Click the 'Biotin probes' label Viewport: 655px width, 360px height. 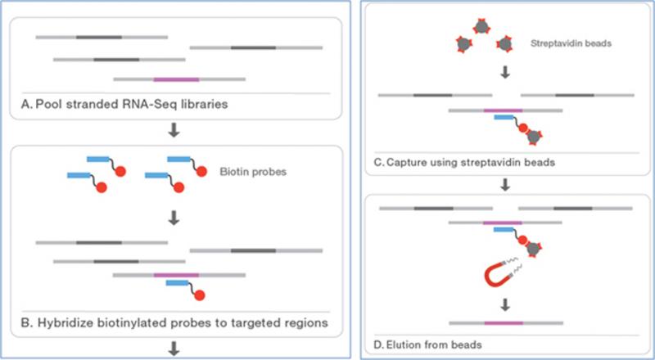tap(253, 172)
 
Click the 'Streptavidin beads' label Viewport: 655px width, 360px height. tap(571, 43)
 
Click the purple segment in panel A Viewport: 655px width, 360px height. tap(176, 79)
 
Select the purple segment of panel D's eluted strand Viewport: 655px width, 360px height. tap(504, 323)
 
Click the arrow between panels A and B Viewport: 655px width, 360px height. tap(174, 130)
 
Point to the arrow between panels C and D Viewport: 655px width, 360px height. tap(505, 185)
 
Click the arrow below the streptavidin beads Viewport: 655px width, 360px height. tap(505, 73)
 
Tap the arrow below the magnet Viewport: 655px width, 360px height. tap(505, 305)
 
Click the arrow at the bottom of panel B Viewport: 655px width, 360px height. tap(174, 349)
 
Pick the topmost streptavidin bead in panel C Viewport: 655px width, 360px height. tap(481, 27)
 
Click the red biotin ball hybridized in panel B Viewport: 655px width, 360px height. tap(199, 295)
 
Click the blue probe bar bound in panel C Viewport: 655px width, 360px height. tap(504, 117)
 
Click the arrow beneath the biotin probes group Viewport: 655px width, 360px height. tap(174, 218)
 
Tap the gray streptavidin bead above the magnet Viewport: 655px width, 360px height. tap(534, 249)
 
